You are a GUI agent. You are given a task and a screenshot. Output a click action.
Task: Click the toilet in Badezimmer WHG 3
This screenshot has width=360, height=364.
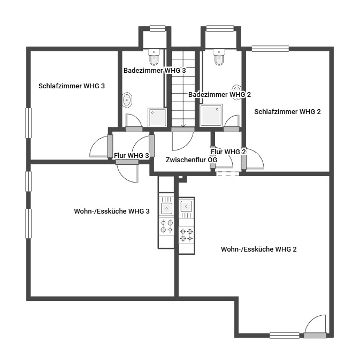click(x=154, y=57)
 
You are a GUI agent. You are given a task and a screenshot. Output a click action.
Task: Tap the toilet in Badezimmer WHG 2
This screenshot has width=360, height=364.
click(x=219, y=57)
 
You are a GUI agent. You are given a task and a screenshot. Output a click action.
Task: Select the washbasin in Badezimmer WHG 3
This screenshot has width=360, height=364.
click(x=127, y=100)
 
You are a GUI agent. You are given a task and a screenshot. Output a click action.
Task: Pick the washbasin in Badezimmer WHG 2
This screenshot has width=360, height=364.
click(x=236, y=92)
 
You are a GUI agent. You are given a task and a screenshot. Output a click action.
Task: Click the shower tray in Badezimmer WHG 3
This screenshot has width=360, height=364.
click(x=157, y=117)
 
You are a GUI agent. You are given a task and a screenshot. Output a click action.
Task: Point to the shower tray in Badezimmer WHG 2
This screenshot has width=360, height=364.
click(x=211, y=116)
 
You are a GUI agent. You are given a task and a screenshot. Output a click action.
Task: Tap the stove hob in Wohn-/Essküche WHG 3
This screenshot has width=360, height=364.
click(x=166, y=226)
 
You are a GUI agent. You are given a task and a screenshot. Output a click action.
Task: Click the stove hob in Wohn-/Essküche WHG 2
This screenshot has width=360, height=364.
click(x=187, y=235)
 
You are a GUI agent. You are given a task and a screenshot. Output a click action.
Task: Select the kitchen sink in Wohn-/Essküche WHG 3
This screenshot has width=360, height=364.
click(x=166, y=206)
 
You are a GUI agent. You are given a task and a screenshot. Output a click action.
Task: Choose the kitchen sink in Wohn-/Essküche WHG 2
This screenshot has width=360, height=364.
click(x=187, y=208)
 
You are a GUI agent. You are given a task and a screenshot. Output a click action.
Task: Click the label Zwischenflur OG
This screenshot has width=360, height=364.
click(x=192, y=160)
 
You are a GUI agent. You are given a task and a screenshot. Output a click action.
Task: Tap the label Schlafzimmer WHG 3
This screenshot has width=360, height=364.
click(x=72, y=86)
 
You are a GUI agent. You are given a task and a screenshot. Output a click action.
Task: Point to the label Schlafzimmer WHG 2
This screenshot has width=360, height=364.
click(x=287, y=112)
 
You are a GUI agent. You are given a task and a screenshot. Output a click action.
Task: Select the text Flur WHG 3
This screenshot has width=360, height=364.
click(x=131, y=155)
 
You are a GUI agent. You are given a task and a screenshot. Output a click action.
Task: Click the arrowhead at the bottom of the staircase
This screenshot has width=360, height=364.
click(x=183, y=126)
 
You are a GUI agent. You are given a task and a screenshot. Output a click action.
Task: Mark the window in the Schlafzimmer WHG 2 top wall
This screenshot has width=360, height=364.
click(x=271, y=49)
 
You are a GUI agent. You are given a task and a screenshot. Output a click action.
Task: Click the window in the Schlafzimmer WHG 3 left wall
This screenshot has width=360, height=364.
click(x=28, y=123)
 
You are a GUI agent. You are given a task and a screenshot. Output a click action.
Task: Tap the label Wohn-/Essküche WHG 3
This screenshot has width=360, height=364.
click(x=112, y=211)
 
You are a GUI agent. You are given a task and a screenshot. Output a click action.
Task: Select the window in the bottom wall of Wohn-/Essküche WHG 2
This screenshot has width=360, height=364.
click(x=285, y=336)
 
